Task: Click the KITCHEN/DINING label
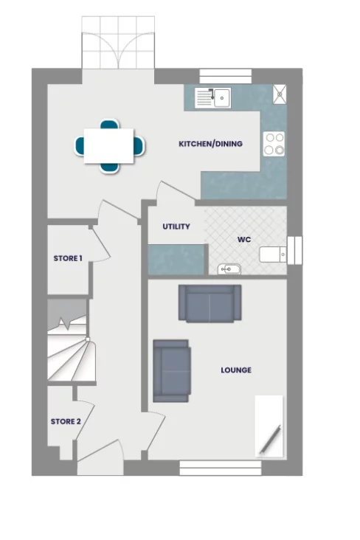210,144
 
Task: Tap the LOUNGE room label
236,370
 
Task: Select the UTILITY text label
176,227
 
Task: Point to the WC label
244,240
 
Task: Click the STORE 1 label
68,258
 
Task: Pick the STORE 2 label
65,422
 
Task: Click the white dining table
109,145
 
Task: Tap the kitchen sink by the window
213,97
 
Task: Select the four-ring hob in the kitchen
274,143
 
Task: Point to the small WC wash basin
229,269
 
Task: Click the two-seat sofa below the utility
210,302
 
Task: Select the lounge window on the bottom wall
221,467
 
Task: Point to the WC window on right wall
296,249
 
